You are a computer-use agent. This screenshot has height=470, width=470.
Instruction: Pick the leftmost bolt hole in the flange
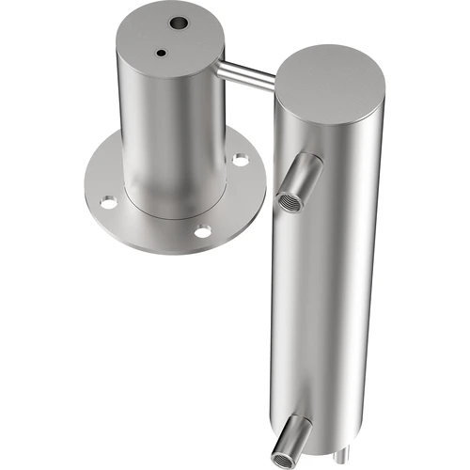click(109, 201)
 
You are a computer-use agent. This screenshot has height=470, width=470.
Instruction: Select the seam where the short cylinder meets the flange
click(174, 209)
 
